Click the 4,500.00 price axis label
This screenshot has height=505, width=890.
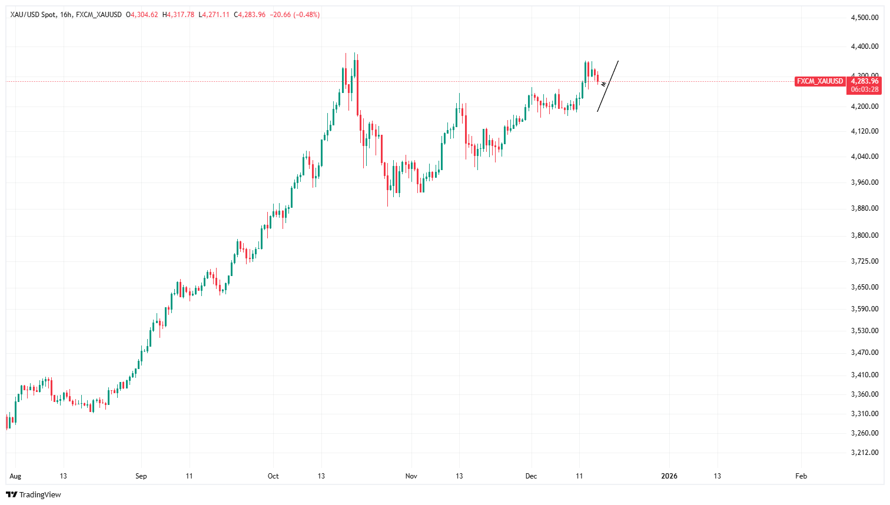(x=865, y=18)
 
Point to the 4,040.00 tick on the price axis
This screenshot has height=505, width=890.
(x=865, y=157)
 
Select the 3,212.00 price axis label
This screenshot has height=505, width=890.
(x=865, y=453)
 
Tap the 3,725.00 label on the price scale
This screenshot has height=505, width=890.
(x=865, y=261)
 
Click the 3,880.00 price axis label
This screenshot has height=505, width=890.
(x=865, y=208)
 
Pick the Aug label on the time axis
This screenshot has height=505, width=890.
(x=15, y=476)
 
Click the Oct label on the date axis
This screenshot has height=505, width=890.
(x=273, y=476)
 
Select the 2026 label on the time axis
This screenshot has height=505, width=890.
(x=669, y=476)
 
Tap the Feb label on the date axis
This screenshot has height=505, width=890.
(x=801, y=476)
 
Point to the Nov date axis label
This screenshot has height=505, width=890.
(x=411, y=476)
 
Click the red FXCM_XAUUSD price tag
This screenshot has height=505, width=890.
(x=820, y=81)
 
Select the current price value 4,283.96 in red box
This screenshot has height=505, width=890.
(x=865, y=81)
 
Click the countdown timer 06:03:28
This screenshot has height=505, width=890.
(x=865, y=89)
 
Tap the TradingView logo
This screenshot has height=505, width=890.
(x=34, y=494)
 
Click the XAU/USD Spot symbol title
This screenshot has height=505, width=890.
(x=33, y=15)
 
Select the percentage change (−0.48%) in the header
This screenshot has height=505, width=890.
(x=307, y=15)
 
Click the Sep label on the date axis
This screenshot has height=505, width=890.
(x=141, y=476)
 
